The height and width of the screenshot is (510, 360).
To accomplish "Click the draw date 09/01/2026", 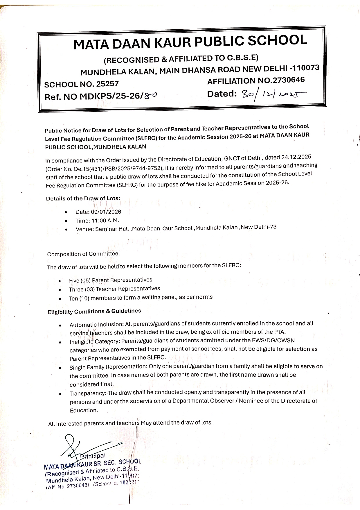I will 106,212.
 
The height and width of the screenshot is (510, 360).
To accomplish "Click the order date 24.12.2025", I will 296,157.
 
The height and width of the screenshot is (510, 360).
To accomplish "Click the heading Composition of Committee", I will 83,254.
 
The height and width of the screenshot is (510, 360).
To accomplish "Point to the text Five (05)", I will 80,281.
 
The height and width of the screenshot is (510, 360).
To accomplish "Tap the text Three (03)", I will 82,289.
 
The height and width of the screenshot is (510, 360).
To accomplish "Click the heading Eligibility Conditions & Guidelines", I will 94,312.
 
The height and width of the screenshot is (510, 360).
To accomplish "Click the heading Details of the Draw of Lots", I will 83,199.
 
